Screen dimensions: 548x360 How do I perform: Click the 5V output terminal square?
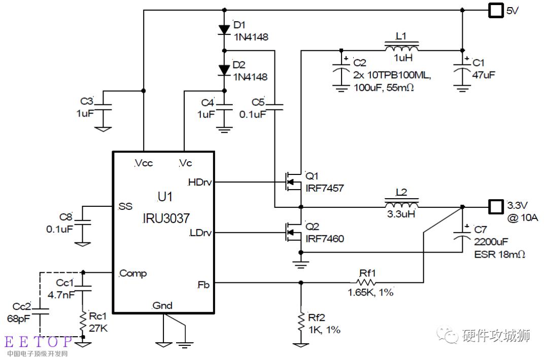click(x=496, y=11)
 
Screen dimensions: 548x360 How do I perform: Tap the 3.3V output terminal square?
click(x=496, y=207)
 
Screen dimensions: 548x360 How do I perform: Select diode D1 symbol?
click(x=224, y=30)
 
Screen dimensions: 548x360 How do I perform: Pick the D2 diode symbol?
click(x=224, y=70)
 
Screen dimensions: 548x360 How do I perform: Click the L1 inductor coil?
click(x=401, y=47)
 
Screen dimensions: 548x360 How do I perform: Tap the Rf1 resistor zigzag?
click(x=366, y=282)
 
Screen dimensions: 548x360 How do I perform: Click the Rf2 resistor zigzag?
click(x=301, y=323)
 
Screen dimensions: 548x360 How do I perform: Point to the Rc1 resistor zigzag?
click(x=83, y=322)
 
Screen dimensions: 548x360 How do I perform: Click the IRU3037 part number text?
click(x=166, y=219)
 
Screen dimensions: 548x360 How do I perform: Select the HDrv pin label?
click(x=199, y=182)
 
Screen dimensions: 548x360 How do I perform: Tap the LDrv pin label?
click(x=200, y=233)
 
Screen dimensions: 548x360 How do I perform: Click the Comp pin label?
click(x=133, y=273)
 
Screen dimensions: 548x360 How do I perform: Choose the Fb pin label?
click(x=203, y=285)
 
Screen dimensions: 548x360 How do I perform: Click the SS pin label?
click(x=125, y=206)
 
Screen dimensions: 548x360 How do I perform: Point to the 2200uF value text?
click(x=491, y=242)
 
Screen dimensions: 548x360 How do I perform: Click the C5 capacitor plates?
click(x=275, y=107)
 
